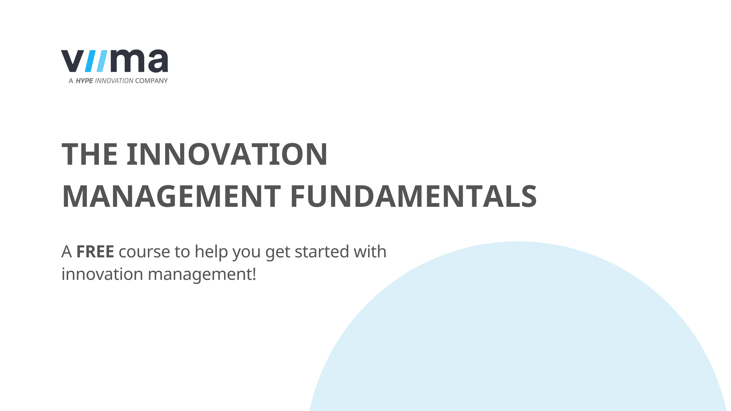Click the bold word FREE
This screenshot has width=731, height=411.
point(95,252)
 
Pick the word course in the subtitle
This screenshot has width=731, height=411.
point(144,252)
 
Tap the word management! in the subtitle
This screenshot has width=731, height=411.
point(202,274)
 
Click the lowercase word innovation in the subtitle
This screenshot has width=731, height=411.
point(102,274)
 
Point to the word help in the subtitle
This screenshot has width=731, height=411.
point(211,252)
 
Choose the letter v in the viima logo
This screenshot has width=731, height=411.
point(72,61)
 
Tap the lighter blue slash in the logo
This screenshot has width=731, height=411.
point(102,61)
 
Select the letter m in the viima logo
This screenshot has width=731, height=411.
point(127,61)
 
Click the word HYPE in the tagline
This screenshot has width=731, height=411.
point(84,81)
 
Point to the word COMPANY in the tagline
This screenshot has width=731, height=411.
point(151,81)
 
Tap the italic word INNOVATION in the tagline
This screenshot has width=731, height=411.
point(114,81)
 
